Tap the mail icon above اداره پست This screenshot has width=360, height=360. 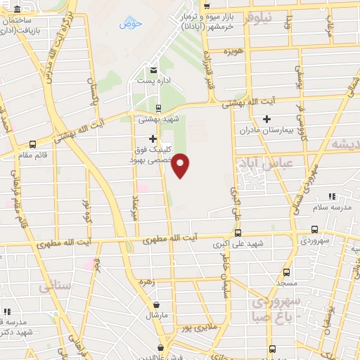pyautogui.click(x=153, y=69)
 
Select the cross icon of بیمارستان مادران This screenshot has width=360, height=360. pyautogui.click(x=266, y=120)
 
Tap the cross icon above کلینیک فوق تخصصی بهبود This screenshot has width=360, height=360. pyautogui.click(x=153, y=139)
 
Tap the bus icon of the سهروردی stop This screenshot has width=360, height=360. pyautogui.click(x=314, y=229)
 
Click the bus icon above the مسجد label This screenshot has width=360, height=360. pyautogui.click(x=285, y=271)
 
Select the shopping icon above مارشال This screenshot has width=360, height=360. pyautogui.click(x=156, y=305)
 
